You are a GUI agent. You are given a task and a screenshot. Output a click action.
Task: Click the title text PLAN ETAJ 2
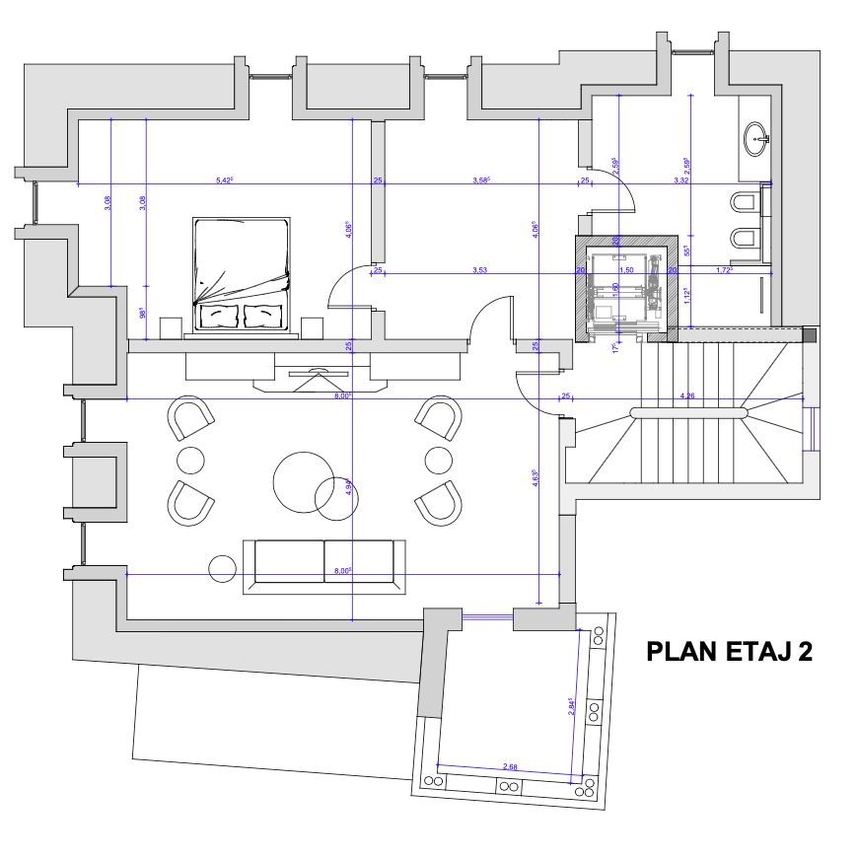(729, 652)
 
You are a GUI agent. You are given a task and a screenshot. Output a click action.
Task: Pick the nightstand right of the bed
(313, 326)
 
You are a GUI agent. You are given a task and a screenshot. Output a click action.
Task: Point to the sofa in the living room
(324, 564)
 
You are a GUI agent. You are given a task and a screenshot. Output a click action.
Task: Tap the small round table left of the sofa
(223, 569)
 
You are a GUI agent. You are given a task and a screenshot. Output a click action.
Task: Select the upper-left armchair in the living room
(192, 418)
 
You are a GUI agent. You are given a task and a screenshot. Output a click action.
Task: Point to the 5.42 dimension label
(224, 179)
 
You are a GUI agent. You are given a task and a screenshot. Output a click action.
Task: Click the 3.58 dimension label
(481, 179)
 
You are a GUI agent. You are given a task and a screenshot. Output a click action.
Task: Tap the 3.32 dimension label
(681, 179)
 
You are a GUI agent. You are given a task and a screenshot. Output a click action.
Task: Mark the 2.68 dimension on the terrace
(510, 765)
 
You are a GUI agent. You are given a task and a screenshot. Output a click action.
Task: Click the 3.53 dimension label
(479, 268)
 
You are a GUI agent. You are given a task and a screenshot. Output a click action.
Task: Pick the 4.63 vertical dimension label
(534, 479)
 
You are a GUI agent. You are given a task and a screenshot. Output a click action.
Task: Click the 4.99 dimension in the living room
(348, 485)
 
